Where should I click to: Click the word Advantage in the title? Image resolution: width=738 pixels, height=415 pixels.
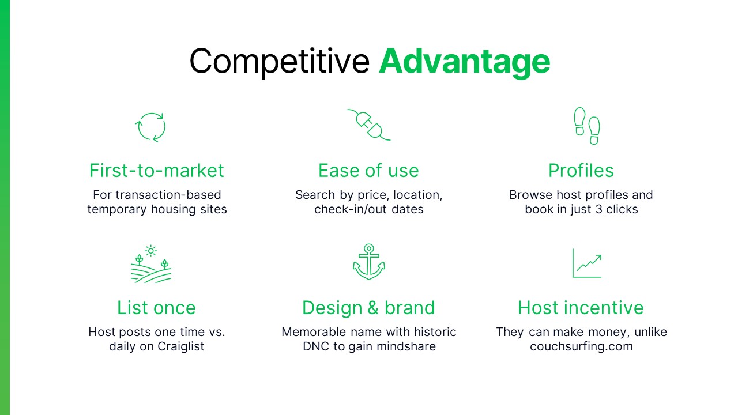[x=464, y=61]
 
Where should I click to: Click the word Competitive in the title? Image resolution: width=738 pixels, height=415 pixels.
[x=280, y=61]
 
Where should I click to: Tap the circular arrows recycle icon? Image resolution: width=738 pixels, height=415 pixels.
[x=150, y=127]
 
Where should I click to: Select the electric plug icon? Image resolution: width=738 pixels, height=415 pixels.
[x=369, y=124]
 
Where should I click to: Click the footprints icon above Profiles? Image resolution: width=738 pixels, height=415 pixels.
[x=586, y=126]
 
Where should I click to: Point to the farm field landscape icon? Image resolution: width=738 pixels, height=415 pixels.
[x=150, y=264]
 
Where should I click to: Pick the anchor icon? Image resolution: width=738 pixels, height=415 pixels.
[x=369, y=262]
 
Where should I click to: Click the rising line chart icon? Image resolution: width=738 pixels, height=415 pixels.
[x=587, y=263]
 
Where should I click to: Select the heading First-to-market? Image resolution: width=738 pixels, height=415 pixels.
[x=157, y=171]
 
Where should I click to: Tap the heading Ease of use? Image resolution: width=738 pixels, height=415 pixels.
[x=369, y=171]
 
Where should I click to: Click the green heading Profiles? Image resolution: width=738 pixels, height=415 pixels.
[x=581, y=171]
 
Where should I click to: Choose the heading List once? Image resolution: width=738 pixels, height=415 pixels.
[x=157, y=308]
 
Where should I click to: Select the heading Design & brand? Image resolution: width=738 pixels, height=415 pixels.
[x=369, y=308]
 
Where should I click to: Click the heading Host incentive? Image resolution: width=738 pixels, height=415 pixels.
[x=581, y=308]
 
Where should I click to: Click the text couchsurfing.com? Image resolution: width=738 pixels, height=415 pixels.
[x=581, y=347]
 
